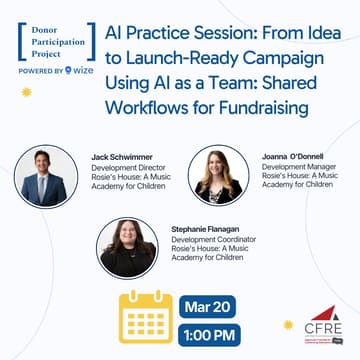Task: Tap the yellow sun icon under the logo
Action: pos(26,91)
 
